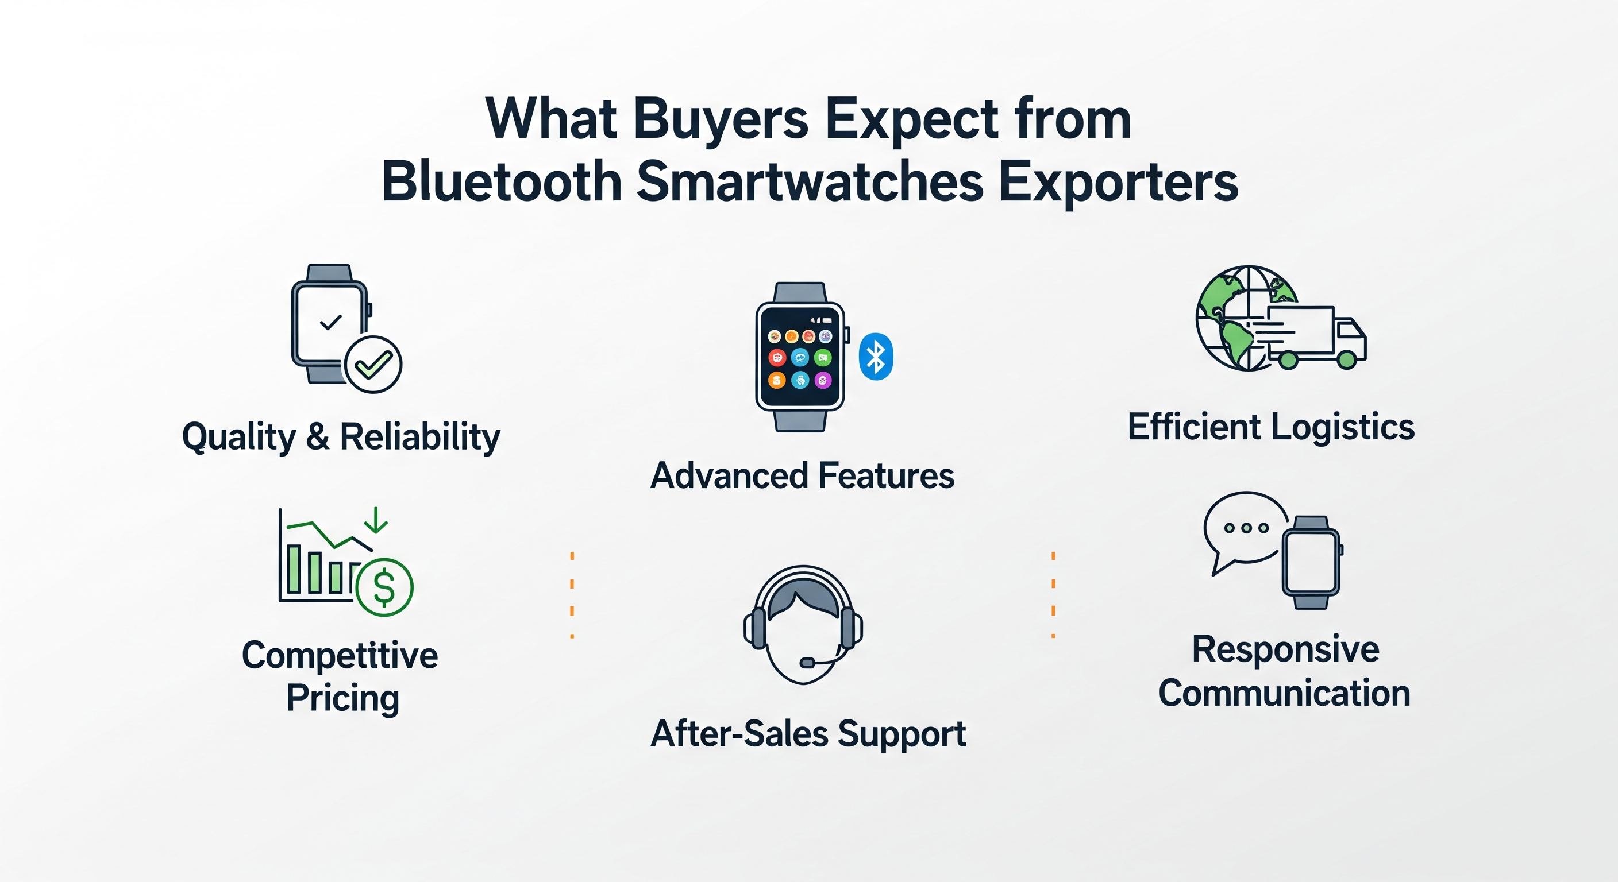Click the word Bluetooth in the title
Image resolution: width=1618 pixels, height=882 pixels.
[503, 181]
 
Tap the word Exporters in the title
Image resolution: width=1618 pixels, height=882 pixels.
[1119, 183]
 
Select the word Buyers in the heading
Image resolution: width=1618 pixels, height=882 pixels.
[721, 121]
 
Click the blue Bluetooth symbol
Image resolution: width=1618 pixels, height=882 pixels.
[876, 357]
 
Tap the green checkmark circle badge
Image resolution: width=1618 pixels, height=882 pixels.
[372, 364]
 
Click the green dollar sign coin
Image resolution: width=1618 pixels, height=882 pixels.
[384, 587]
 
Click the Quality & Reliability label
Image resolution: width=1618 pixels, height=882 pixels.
[341, 437]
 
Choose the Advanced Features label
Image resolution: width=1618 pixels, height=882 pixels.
[802, 476]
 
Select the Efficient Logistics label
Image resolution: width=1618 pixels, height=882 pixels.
[1272, 427]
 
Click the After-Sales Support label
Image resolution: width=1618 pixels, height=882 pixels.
[808, 734]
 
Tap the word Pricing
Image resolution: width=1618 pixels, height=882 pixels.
[343, 699]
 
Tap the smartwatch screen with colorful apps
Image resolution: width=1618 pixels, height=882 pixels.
[800, 357]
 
